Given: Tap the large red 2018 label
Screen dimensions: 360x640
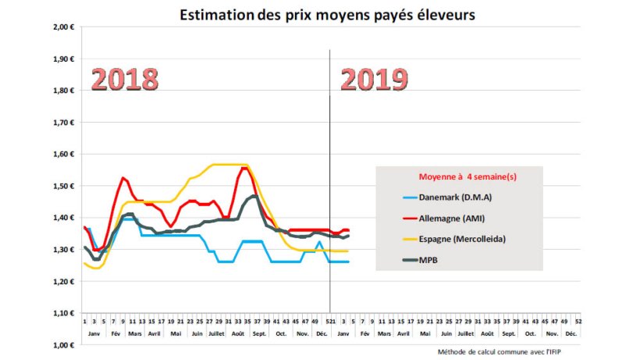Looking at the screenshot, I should pyautogui.click(x=125, y=79).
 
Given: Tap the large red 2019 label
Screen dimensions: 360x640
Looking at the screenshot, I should pyautogui.click(x=375, y=79).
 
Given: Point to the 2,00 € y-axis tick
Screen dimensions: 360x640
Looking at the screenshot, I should pyautogui.click(x=62, y=27).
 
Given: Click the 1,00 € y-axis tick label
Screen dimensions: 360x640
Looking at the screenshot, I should pyautogui.click(x=62, y=344).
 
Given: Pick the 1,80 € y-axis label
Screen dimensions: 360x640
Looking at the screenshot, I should pyautogui.click(x=62, y=91).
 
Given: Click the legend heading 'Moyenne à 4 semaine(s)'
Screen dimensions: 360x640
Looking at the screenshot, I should pyautogui.click(x=468, y=177).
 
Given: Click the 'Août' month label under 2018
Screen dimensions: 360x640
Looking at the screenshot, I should pyautogui.click(x=238, y=333).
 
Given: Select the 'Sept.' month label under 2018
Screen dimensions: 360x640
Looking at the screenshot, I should pyautogui.click(x=259, y=333).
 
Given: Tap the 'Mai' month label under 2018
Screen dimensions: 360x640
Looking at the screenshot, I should pyautogui.click(x=175, y=333).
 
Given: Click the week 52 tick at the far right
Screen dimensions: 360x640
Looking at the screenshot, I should pyautogui.click(x=578, y=321).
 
